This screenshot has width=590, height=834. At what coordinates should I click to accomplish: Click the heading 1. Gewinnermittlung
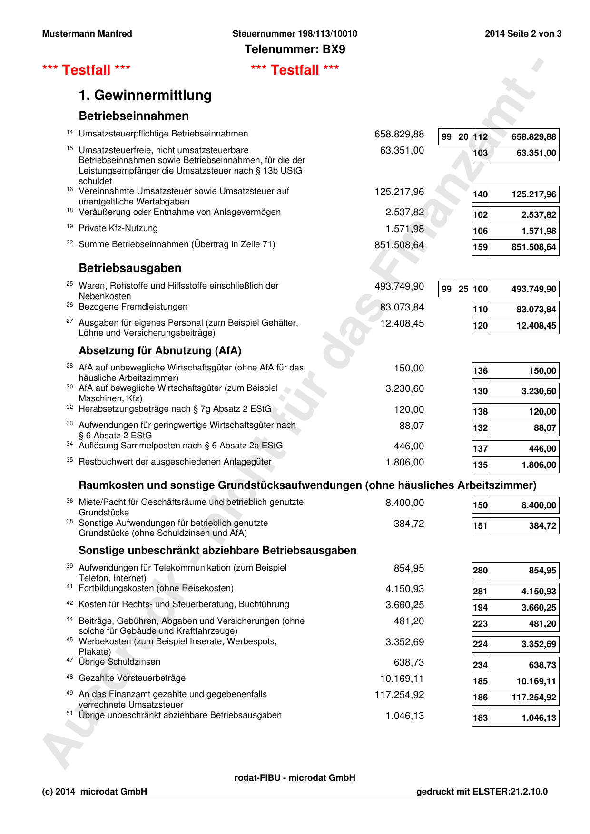tap(145, 95)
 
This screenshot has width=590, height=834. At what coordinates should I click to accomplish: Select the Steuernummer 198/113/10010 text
tap(295, 34)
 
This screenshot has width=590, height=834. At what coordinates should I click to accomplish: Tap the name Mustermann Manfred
tap(87, 34)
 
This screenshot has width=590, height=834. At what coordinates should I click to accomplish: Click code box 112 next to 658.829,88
tap(481, 137)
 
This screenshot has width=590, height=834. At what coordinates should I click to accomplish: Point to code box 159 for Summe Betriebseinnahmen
tap(481, 247)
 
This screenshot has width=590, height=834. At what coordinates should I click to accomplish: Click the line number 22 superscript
tap(69, 242)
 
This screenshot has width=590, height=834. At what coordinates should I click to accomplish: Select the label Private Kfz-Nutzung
tap(118, 228)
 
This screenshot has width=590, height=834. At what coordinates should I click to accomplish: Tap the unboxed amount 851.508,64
tap(399, 245)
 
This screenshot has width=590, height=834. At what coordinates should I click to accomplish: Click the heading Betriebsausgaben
tap(130, 268)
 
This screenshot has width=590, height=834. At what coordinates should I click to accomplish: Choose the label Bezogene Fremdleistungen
tap(133, 307)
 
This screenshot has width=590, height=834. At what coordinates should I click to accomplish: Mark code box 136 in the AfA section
tap(481, 371)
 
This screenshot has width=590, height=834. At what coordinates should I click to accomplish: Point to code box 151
tap(481, 526)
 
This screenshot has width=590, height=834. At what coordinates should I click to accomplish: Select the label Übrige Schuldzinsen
tap(119, 662)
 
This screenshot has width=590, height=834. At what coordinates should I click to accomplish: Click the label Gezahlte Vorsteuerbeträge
tap(132, 678)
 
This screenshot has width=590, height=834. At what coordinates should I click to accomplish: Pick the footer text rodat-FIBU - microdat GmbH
tap(295, 778)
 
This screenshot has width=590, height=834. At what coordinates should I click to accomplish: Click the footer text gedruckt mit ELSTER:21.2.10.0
tap(482, 792)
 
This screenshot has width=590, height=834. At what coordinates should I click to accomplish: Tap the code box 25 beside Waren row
tap(463, 289)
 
